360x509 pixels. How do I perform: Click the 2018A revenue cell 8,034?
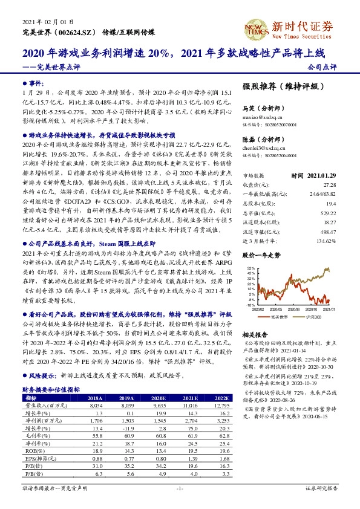[95, 406]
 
